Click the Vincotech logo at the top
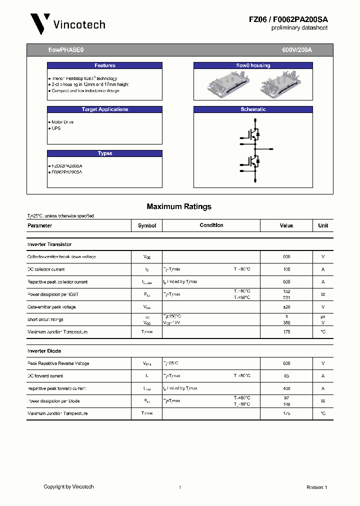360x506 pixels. click(67, 23)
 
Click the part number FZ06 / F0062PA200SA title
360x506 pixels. click(288, 19)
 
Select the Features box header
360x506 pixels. click(104, 65)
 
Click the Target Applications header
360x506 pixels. click(104, 109)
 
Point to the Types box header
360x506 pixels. click(104, 153)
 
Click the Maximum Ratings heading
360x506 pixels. click(179, 206)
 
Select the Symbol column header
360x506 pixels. click(147, 225)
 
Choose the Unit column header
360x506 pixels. click(323, 225)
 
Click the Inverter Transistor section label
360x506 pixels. click(49, 244)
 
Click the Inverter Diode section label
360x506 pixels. click(44, 351)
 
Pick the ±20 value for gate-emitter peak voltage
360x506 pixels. click(286, 307)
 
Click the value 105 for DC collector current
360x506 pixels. click(286, 269)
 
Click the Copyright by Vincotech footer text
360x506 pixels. click(68, 486)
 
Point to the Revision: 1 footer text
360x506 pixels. click(316, 487)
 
